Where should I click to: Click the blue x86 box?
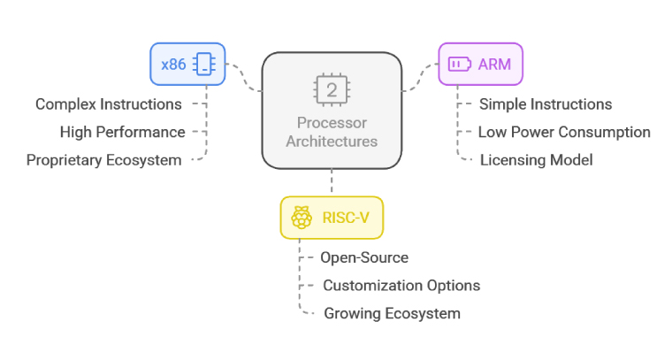tap(187, 65)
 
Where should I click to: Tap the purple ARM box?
tap(480, 65)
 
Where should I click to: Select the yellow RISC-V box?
tap(332, 218)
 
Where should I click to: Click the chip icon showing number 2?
tap(332, 90)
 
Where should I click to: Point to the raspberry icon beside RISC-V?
tap(302, 218)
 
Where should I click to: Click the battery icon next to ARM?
tap(460, 65)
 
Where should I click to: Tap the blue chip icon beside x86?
tap(204, 65)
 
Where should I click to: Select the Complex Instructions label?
tap(109, 104)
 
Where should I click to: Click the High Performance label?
tap(123, 132)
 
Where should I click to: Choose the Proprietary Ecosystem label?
tap(104, 160)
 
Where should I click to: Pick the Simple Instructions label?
tap(546, 104)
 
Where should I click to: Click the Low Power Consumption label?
tap(564, 132)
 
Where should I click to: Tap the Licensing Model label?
tap(536, 160)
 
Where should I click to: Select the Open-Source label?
tap(364, 257)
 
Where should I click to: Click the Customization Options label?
tap(401, 286)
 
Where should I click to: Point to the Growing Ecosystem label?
tap(392, 313)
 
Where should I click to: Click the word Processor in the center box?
tap(332, 123)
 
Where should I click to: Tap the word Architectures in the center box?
tap(332, 142)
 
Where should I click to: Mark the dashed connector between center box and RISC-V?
tap(332, 183)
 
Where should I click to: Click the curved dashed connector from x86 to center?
tap(244, 77)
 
